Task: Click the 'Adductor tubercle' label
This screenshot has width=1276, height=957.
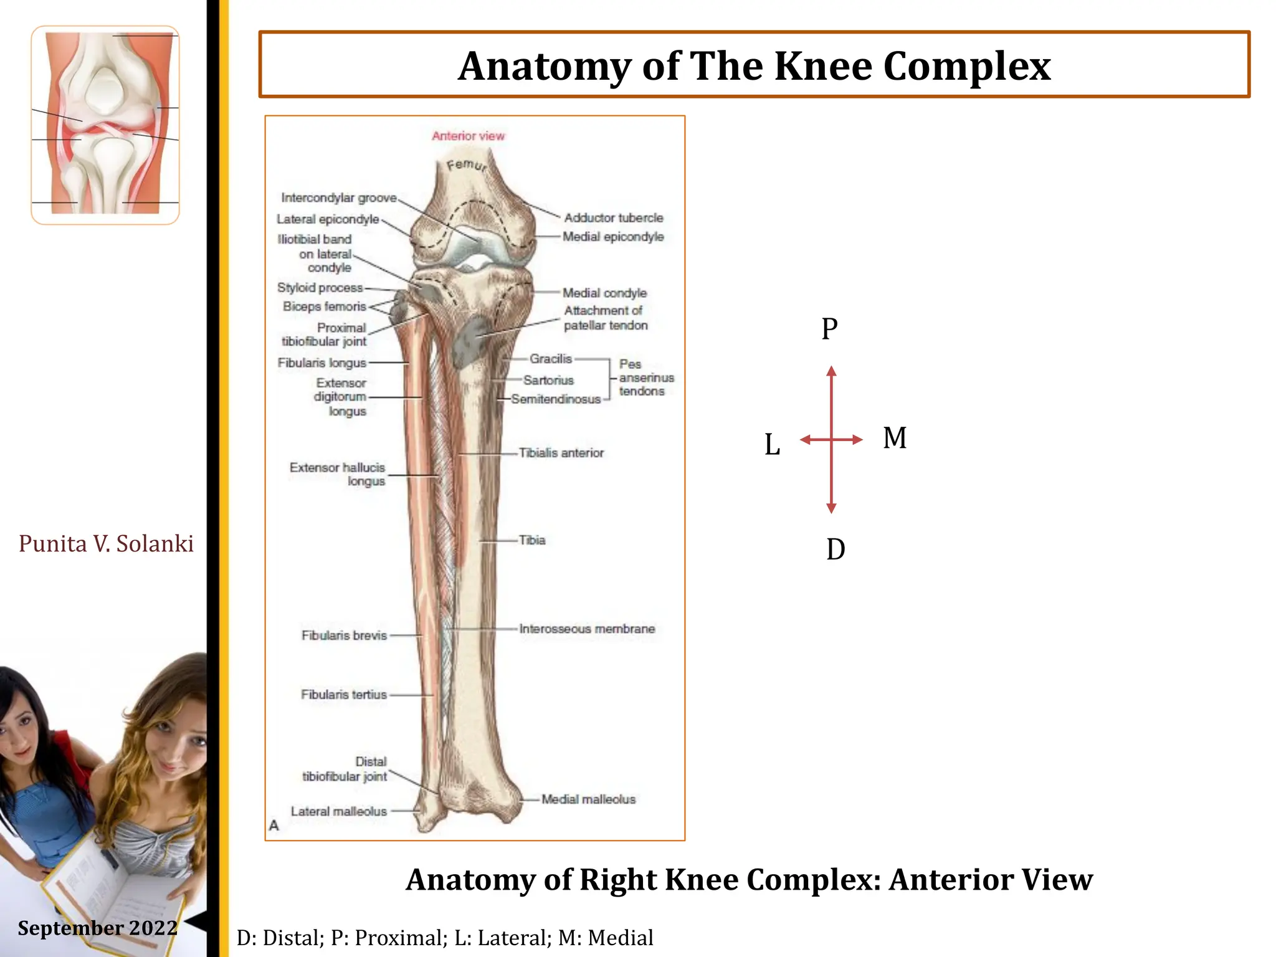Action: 613,218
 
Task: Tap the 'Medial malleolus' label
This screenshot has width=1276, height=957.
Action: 588,799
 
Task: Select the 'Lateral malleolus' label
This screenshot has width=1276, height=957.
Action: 339,811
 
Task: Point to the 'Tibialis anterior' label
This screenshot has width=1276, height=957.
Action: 561,453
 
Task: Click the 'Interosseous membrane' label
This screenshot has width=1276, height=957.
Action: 587,629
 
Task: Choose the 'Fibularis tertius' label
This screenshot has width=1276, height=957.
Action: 344,695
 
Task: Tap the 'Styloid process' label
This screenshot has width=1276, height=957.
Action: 320,288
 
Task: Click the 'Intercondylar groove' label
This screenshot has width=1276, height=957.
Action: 338,198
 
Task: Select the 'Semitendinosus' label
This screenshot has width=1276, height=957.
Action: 556,399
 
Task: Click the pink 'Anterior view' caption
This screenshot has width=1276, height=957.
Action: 468,136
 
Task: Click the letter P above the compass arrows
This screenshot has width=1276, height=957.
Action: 829,329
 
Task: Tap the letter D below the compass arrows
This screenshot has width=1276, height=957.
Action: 836,550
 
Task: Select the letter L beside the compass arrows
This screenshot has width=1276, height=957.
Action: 772,445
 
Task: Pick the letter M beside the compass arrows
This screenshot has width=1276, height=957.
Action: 895,437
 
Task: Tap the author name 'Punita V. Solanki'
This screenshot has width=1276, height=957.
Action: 106,544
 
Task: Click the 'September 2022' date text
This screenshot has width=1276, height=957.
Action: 98,928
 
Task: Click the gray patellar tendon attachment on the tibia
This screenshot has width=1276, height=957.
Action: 471,342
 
